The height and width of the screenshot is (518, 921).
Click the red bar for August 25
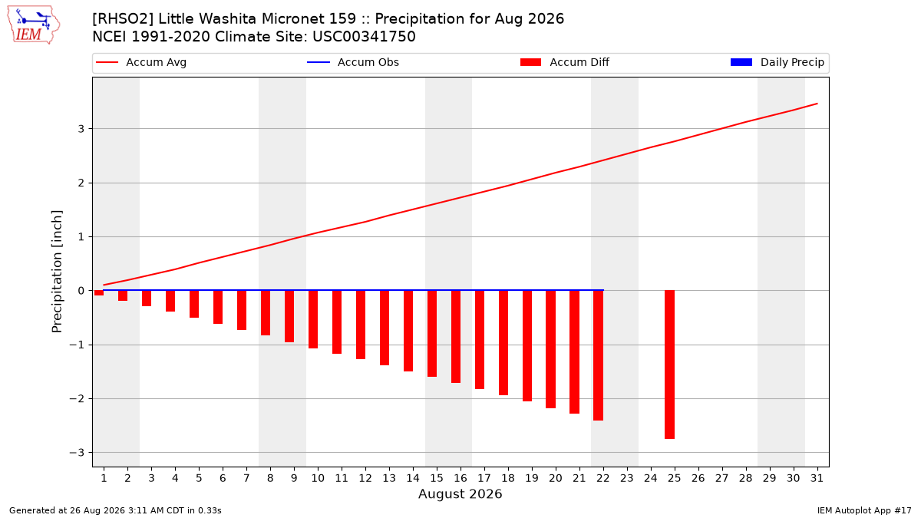click(x=669, y=365)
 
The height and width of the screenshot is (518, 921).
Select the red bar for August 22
click(x=598, y=355)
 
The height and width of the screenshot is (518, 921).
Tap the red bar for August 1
click(x=99, y=292)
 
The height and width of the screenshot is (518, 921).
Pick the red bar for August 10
click(x=313, y=319)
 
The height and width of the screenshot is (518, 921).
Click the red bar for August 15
click(x=431, y=333)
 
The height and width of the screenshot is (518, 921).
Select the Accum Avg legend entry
click(x=141, y=62)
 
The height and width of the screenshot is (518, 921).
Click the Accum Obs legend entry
click(x=353, y=62)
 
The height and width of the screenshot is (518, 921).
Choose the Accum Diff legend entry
click(x=565, y=62)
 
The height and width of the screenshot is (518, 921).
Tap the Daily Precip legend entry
click(x=777, y=62)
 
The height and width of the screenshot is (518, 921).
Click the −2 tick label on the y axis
click(x=77, y=399)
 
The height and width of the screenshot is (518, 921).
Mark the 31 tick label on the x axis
click(x=817, y=478)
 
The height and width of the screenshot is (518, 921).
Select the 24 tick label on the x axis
click(x=651, y=478)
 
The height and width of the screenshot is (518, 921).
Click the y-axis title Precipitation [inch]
click(x=57, y=272)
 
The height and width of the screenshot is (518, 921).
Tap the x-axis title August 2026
click(x=460, y=493)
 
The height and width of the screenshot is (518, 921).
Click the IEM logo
click(x=33, y=25)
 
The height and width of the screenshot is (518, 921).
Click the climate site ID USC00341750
click(x=364, y=37)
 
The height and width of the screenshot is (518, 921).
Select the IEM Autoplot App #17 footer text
click(x=864, y=510)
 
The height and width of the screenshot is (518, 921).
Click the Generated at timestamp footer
click(x=115, y=510)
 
